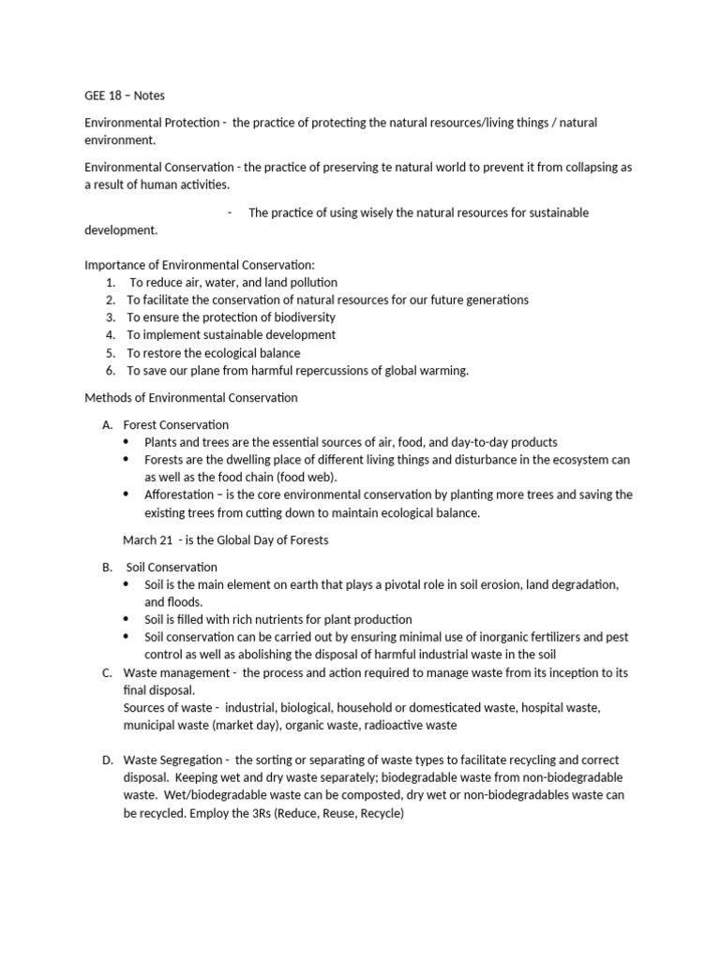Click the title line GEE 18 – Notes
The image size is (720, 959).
pyautogui.click(x=125, y=96)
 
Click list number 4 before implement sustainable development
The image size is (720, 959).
pyautogui.click(x=110, y=334)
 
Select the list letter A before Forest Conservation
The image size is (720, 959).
pyautogui.click(x=108, y=425)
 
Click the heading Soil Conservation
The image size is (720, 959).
pyautogui.click(x=171, y=567)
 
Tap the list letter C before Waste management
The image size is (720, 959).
pyautogui.click(x=108, y=672)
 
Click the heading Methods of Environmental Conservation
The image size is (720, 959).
pyautogui.click(x=191, y=398)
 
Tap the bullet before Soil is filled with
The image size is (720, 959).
pyautogui.click(x=128, y=619)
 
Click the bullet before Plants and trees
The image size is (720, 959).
pyautogui.click(x=128, y=442)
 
